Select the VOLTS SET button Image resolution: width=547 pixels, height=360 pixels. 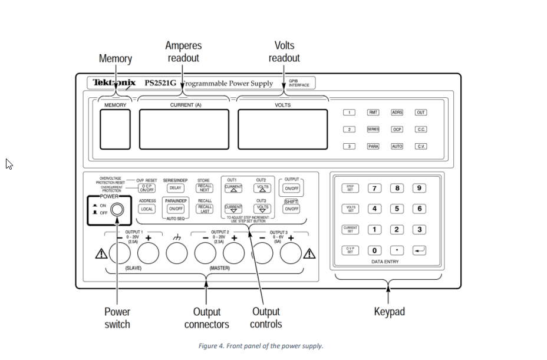tap(350, 209)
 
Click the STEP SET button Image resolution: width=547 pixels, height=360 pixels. tap(350, 189)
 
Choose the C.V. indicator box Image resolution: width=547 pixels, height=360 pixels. tap(420, 146)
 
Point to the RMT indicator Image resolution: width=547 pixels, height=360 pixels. tap(373, 113)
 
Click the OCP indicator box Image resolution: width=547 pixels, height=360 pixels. tap(397, 129)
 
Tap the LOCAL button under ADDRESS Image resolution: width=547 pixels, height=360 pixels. tap(147, 209)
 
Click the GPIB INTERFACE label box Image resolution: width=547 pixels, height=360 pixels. tap(298, 83)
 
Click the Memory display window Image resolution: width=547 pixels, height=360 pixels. tap(115, 129)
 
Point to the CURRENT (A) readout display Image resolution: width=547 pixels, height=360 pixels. tap(184, 129)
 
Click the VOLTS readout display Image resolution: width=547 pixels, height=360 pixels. tap(282, 129)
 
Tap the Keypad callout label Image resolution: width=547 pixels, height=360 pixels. tap(389, 311)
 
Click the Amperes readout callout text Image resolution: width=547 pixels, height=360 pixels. tap(183, 52)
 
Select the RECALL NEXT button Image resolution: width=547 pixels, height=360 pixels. tap(205, 188)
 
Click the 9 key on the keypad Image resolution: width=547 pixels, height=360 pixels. tap(419, 189)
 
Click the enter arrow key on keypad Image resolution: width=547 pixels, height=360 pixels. tap(419, 250)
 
